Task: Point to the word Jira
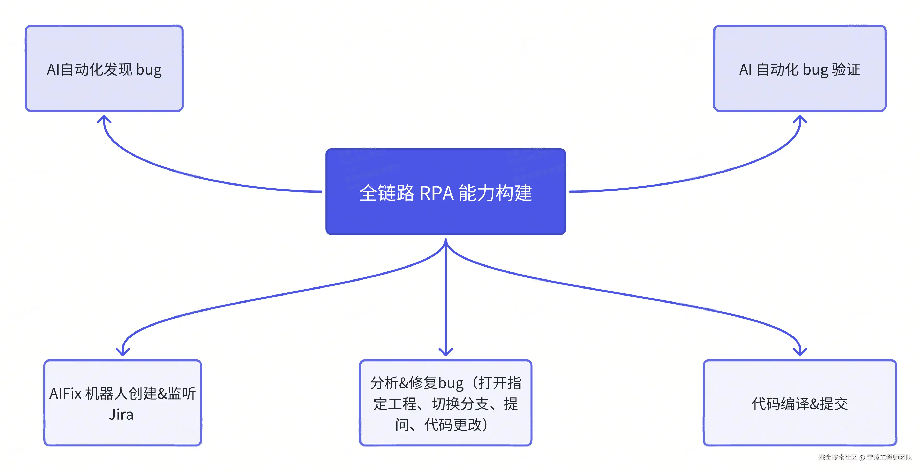(x=121, y=415)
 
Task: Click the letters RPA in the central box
(x=436, y=193)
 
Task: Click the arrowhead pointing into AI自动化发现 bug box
(x=104, y=118)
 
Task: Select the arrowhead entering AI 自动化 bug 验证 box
(x=800, y=118)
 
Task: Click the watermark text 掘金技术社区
(x=838, y=457)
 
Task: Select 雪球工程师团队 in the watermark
(x=889, y=457)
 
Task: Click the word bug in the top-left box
(x=149, y=70)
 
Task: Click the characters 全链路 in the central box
(x=387, y=193)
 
